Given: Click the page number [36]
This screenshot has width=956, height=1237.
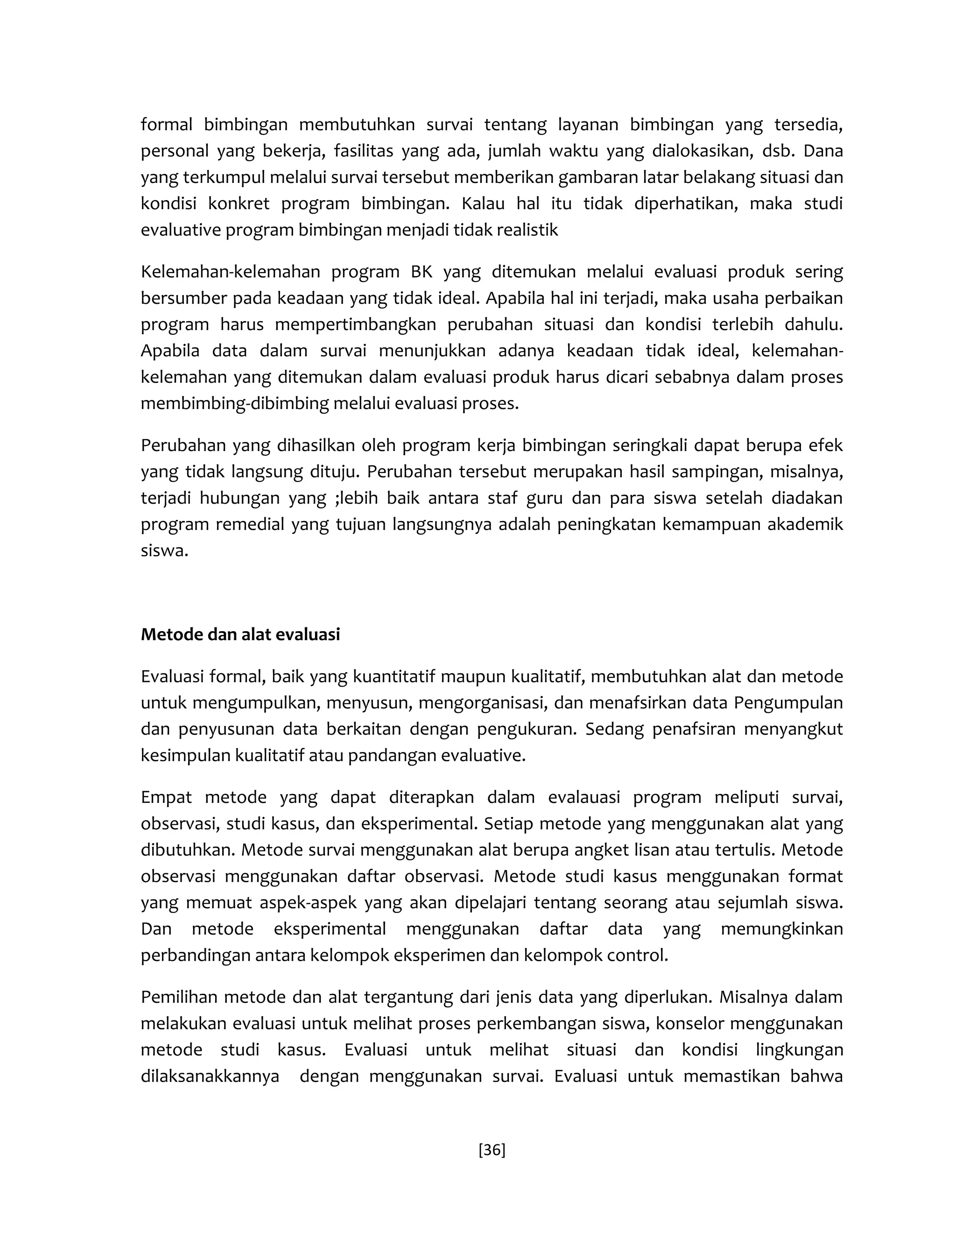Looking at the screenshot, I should [492, 1149].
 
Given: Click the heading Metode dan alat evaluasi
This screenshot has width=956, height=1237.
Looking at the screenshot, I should [240, 634].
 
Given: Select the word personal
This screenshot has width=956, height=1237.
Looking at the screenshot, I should [174, 151].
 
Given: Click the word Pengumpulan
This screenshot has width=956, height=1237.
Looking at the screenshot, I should [788, 703].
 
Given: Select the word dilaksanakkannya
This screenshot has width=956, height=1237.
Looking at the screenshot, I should [210, 1076].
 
